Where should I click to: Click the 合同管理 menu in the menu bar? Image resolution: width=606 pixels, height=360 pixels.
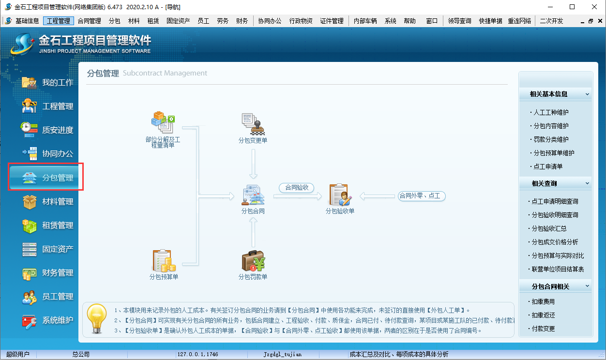[x=89, y=21]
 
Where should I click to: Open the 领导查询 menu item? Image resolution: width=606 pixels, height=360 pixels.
[x=459, y=21]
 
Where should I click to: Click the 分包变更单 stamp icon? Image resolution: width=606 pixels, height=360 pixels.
[x=253, y=124]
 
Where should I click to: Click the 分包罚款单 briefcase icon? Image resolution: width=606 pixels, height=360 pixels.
[x=253, y=261]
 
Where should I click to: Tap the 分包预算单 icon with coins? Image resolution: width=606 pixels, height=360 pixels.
[x=164, y=261]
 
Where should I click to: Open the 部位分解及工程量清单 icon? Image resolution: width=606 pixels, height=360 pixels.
[x=163, y=122]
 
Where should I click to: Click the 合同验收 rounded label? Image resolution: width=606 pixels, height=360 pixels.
[x=297, y=187]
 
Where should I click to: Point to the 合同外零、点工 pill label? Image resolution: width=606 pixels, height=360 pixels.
[x=422, y=196]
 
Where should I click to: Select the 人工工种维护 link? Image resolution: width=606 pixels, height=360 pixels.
[x=551, y=112]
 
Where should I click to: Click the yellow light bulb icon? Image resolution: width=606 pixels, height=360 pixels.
[x=97, y=318]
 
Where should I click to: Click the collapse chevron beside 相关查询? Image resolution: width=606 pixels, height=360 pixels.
[x=587, y=183]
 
